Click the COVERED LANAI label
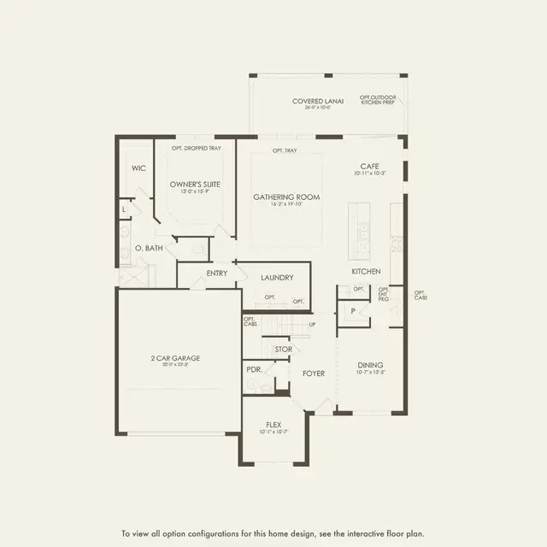tap(317, 101)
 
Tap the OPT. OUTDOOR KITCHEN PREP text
tap(377, 102)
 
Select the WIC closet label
tap(138, 168)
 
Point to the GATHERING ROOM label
tap(286, 197)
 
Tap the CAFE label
tap(369, 166)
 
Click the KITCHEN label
tap(365, 272)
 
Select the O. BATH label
tap(149, 248)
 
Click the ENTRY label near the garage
tap(217, 273)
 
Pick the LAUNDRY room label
tap(277, 277)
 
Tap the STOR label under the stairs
tap(283, 350)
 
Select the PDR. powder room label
tap(254, 369)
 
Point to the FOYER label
tap(313, 373)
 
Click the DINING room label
tap(370, 365)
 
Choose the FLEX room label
tap(273, 424)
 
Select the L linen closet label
tap(124, 208)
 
